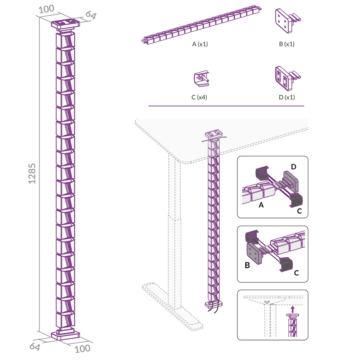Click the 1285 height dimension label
(x=32, y=174)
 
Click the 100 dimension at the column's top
(x=46, y=9)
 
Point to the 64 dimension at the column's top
(x=91, y=15)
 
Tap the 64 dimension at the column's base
(x=35, y=346)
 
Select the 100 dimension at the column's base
(x=82, y=349)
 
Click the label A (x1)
(x=200, y=44)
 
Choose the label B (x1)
(x=287, y=44)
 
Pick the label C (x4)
(x=199, y=97)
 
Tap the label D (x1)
(x=287, y=97)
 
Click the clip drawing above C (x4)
(x=201, y=78)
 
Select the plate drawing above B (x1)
(x=287, y=21)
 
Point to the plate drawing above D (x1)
(x=287, y=78)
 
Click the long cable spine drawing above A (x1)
(x=201, y=24)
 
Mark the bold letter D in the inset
(x=293, y=167)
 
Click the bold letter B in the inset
(x=247, y=265)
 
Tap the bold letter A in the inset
(x=261, y=205)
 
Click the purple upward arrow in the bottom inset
(x=292, y=309)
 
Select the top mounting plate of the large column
(x=66, y=24)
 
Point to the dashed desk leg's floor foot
(x=172, y=306)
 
